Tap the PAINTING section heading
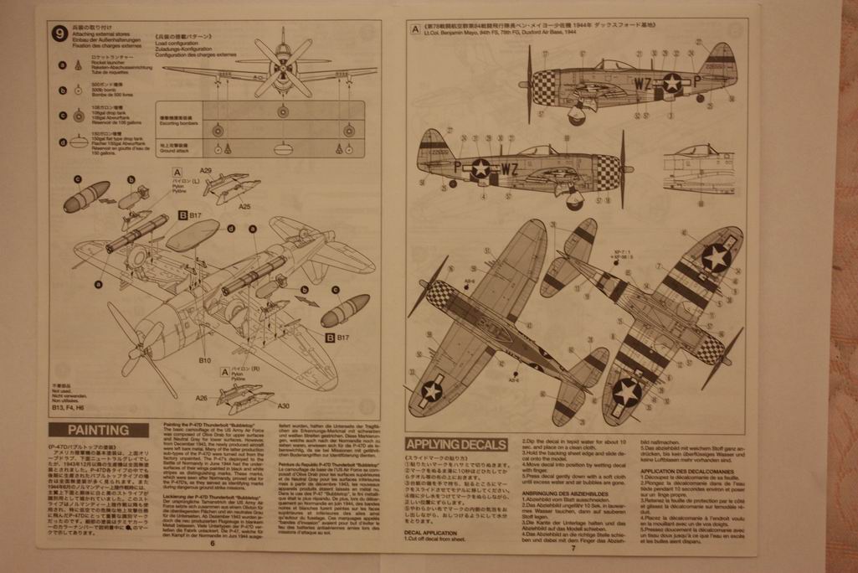[x=98, y=431]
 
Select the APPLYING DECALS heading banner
[x=455, y=444]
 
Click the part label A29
[x=206, y=170]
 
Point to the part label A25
[x=244, y=206]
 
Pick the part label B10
[x=204, y=360]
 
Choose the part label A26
[x=201, y=399]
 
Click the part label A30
[x=283, y=405]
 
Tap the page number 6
[x=213, y=543]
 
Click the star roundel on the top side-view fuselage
[x=671, y=82]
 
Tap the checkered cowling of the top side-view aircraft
[x=544, y=86]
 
